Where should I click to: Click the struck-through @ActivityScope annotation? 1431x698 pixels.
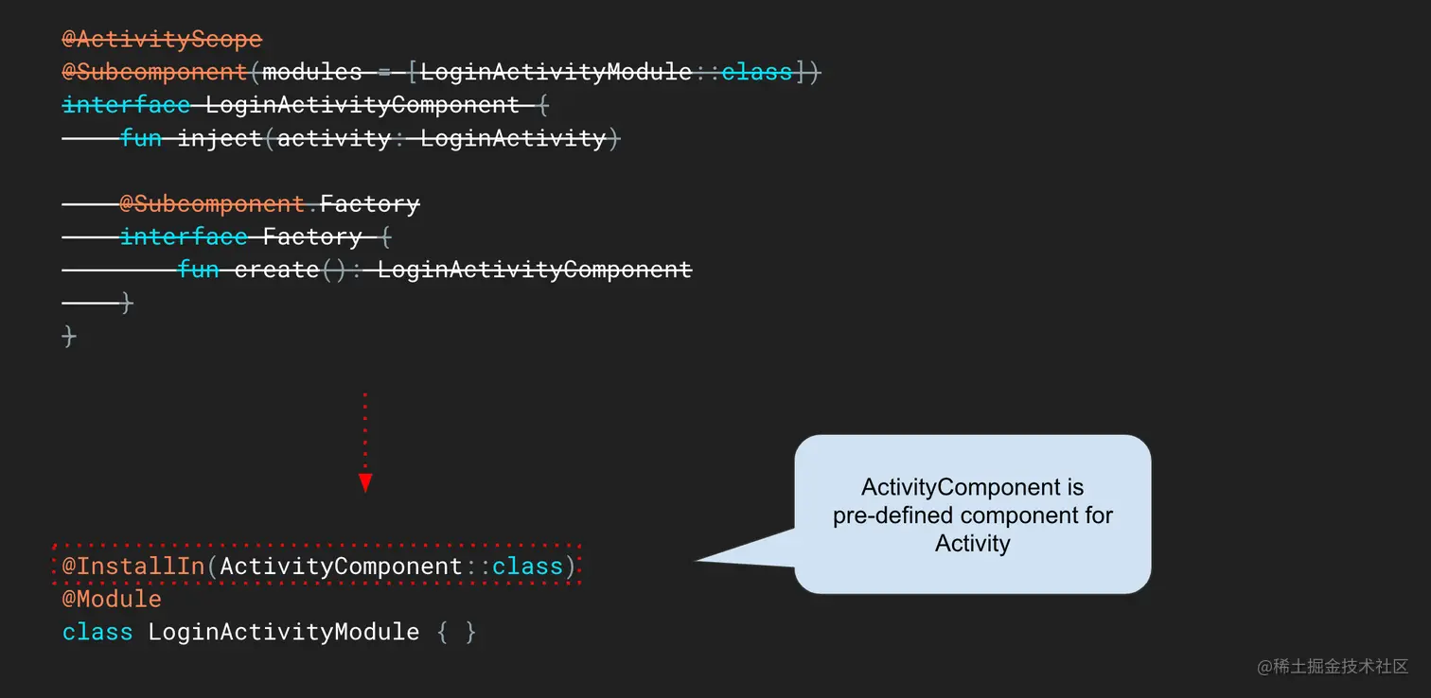(x=162, y=40)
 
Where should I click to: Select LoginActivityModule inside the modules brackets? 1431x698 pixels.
(x=556, y=72)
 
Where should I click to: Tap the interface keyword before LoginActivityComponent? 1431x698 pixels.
(x=126, y=105)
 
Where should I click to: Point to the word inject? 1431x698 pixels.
(x=220, y=138)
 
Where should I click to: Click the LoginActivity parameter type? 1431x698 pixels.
(x=513, y=138)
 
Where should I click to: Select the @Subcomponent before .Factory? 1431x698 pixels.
(x=212, y=204)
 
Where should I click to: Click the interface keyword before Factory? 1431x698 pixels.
(x=184, y=236)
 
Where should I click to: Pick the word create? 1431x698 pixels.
(x=276, y=270)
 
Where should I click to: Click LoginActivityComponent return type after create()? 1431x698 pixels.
(x=535, y=270)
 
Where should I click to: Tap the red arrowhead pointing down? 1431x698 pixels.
(x=365, y=483)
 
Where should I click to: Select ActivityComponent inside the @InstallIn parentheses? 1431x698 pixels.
(x=341, y=567)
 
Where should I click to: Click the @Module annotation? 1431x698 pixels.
(x=112, y=599)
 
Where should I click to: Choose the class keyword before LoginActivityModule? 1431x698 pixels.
(x=97, y=632)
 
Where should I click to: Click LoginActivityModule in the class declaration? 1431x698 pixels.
(x=283, y=632)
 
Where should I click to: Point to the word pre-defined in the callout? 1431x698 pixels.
(x=892, y=516)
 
